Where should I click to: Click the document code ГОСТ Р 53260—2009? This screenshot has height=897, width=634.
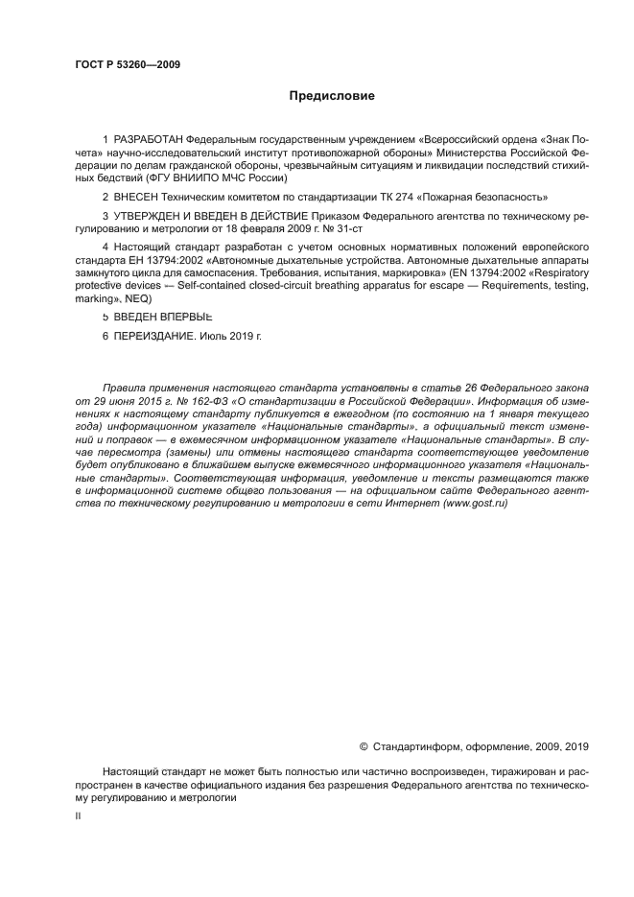(x=128, y=65)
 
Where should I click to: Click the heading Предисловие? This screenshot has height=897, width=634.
(x=332, y=96)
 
